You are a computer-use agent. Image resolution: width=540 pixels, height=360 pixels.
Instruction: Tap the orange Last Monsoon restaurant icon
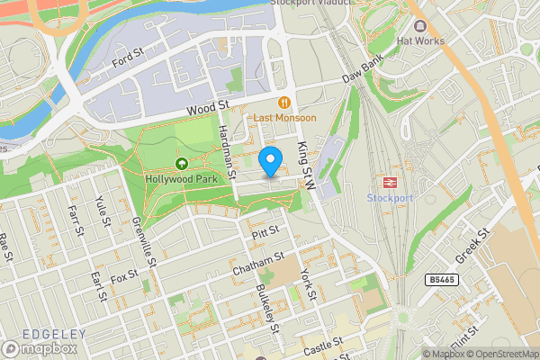[283, 103]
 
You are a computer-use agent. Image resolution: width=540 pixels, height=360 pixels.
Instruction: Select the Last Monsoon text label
[283, 118]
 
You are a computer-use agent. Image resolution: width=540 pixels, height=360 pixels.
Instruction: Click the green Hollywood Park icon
[182, 164]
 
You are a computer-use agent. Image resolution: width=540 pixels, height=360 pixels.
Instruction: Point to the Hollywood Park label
[182, 178]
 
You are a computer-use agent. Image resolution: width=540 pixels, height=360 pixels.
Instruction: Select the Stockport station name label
[391, 197]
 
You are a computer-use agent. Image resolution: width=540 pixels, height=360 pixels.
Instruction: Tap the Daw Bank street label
[363, 72]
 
